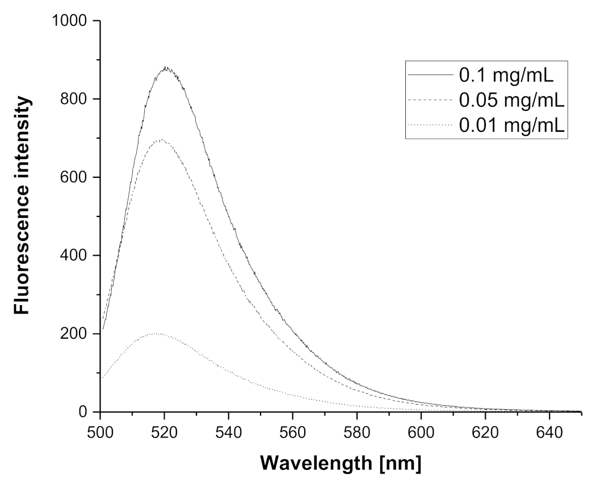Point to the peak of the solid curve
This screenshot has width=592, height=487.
click(x=166, y=68)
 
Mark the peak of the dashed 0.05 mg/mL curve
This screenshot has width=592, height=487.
click(x=162, y=139)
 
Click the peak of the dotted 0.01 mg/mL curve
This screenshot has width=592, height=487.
click(x=157, y=334)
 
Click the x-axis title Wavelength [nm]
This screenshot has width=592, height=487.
click(x=341, y=463)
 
